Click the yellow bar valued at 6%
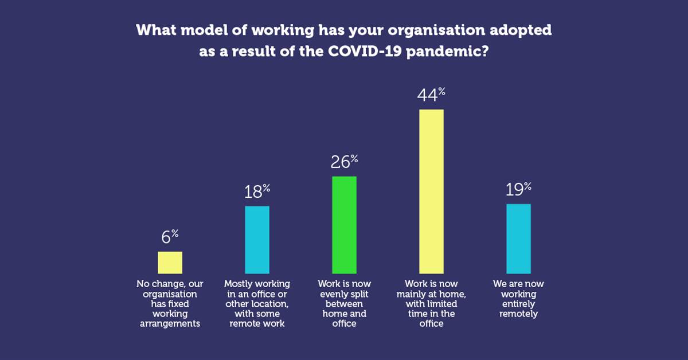170,263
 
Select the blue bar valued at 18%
257,240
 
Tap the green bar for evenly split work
344,225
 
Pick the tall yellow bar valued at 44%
431,191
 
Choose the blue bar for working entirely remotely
518,238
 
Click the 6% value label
170,237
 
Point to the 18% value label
257,191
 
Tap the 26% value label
345,162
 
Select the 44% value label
432,95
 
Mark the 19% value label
519,190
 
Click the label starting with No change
170,304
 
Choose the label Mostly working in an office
257,304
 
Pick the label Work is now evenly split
344,304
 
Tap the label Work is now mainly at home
431,304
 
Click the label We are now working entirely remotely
518,299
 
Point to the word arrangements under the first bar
170,324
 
